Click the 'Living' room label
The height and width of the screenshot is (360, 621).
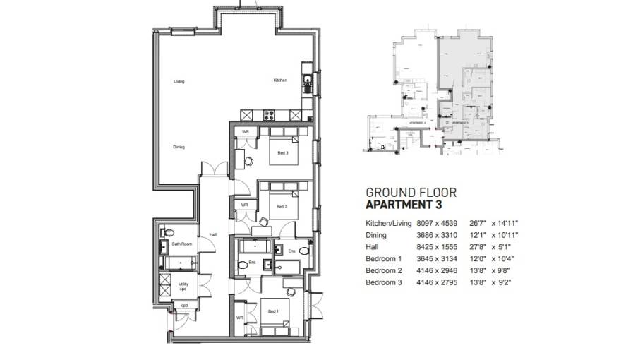click(x=179, y=82)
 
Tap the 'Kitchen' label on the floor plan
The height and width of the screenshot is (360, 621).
click(x=280, y=80)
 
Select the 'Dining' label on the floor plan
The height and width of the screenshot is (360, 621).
click(x=179, y=147)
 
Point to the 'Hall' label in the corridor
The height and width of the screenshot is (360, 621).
click(x=212, y=235)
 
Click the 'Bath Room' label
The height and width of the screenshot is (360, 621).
click(x=181, y=244)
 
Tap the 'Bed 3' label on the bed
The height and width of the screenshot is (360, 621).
click(x=282, y=154)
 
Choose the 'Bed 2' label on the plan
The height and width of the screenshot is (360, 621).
click(x=282, y=206)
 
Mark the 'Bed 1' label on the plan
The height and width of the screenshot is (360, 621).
click(x=272, y=311)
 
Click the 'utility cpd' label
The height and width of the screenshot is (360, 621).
click(x=183, y=287)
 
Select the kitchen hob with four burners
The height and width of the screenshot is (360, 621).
click(x=269, y=116)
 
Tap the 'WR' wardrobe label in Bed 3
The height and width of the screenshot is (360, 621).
click(x=245, y=132)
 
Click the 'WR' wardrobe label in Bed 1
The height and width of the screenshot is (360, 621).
click(x=240, y=318)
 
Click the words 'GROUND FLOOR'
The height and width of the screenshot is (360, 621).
click(x=411, y=192)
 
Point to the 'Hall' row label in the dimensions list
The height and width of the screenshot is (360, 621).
click(x=371, y=247)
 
